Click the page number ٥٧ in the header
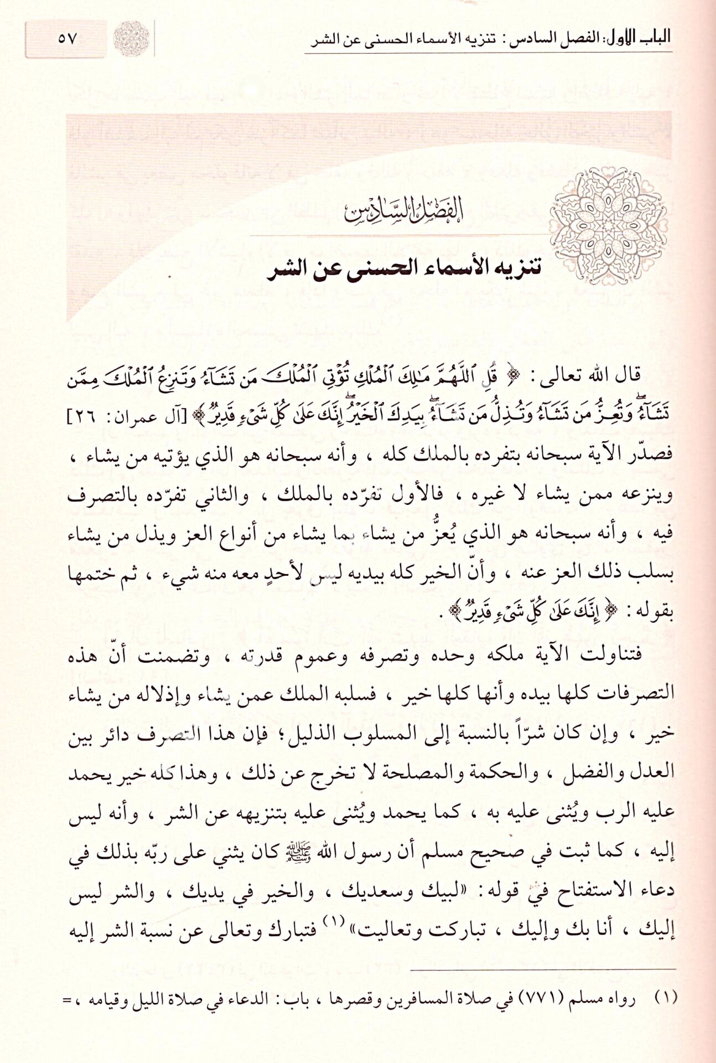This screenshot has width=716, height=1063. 67,39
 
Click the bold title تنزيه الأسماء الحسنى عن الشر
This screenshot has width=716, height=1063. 404,270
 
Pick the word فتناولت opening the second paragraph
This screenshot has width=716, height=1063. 611,653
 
